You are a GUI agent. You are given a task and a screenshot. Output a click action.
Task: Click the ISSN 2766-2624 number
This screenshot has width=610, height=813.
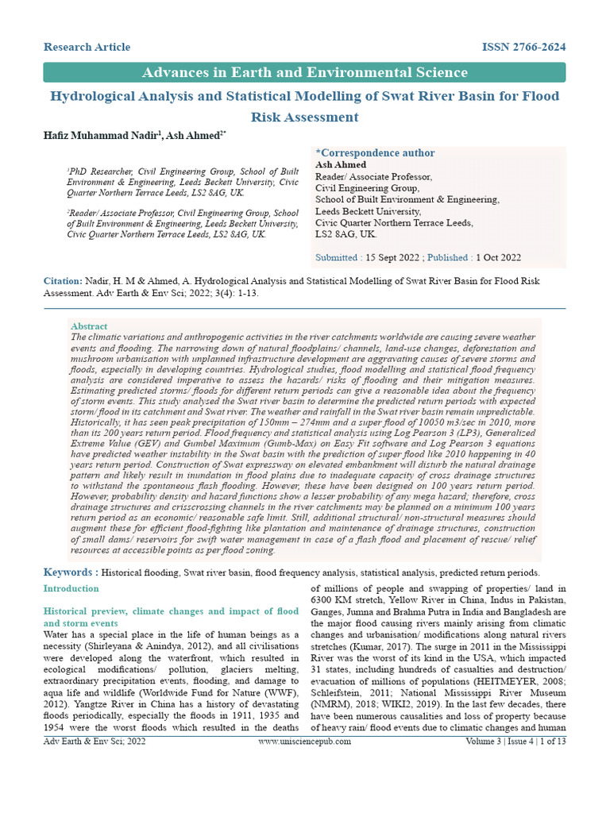(x=523, y=48)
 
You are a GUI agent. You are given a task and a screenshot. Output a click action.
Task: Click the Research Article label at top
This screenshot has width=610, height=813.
(x=87, y=48)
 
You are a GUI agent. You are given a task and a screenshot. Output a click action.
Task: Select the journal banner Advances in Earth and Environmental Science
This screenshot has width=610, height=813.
(x=304, y=73)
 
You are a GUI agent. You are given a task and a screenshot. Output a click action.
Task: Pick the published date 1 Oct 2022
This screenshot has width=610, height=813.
(x=498, y=258)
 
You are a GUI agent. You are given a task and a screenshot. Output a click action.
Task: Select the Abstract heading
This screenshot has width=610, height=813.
(x=89, y=326)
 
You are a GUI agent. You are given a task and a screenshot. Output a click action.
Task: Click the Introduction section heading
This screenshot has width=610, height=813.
(x=71, y=589)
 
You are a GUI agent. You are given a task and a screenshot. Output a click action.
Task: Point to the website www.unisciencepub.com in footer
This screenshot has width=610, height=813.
(x=304, y=742)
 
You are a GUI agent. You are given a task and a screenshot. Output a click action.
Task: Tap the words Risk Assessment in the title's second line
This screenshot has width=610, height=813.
(x=305, y=118)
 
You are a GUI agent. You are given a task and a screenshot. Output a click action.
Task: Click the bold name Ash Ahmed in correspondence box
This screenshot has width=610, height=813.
(x=341, y=165)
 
